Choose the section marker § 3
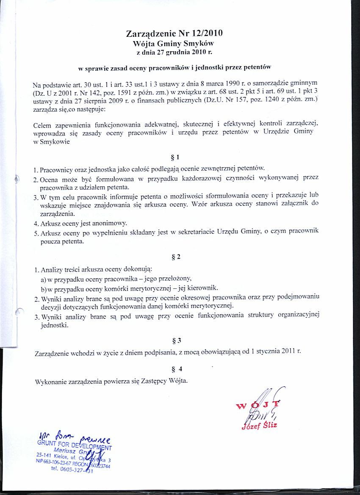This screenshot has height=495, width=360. [x=177, y=340]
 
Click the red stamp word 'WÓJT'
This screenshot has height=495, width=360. [x=259, y=406]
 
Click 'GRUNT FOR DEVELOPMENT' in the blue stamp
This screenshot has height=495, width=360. [x=75, y=445]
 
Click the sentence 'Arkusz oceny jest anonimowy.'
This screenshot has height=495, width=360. [x=83, y=223]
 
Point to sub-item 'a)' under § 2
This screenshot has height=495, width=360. [x=43, y=279]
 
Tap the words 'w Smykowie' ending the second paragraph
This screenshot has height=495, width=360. [x=51, y=142]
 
